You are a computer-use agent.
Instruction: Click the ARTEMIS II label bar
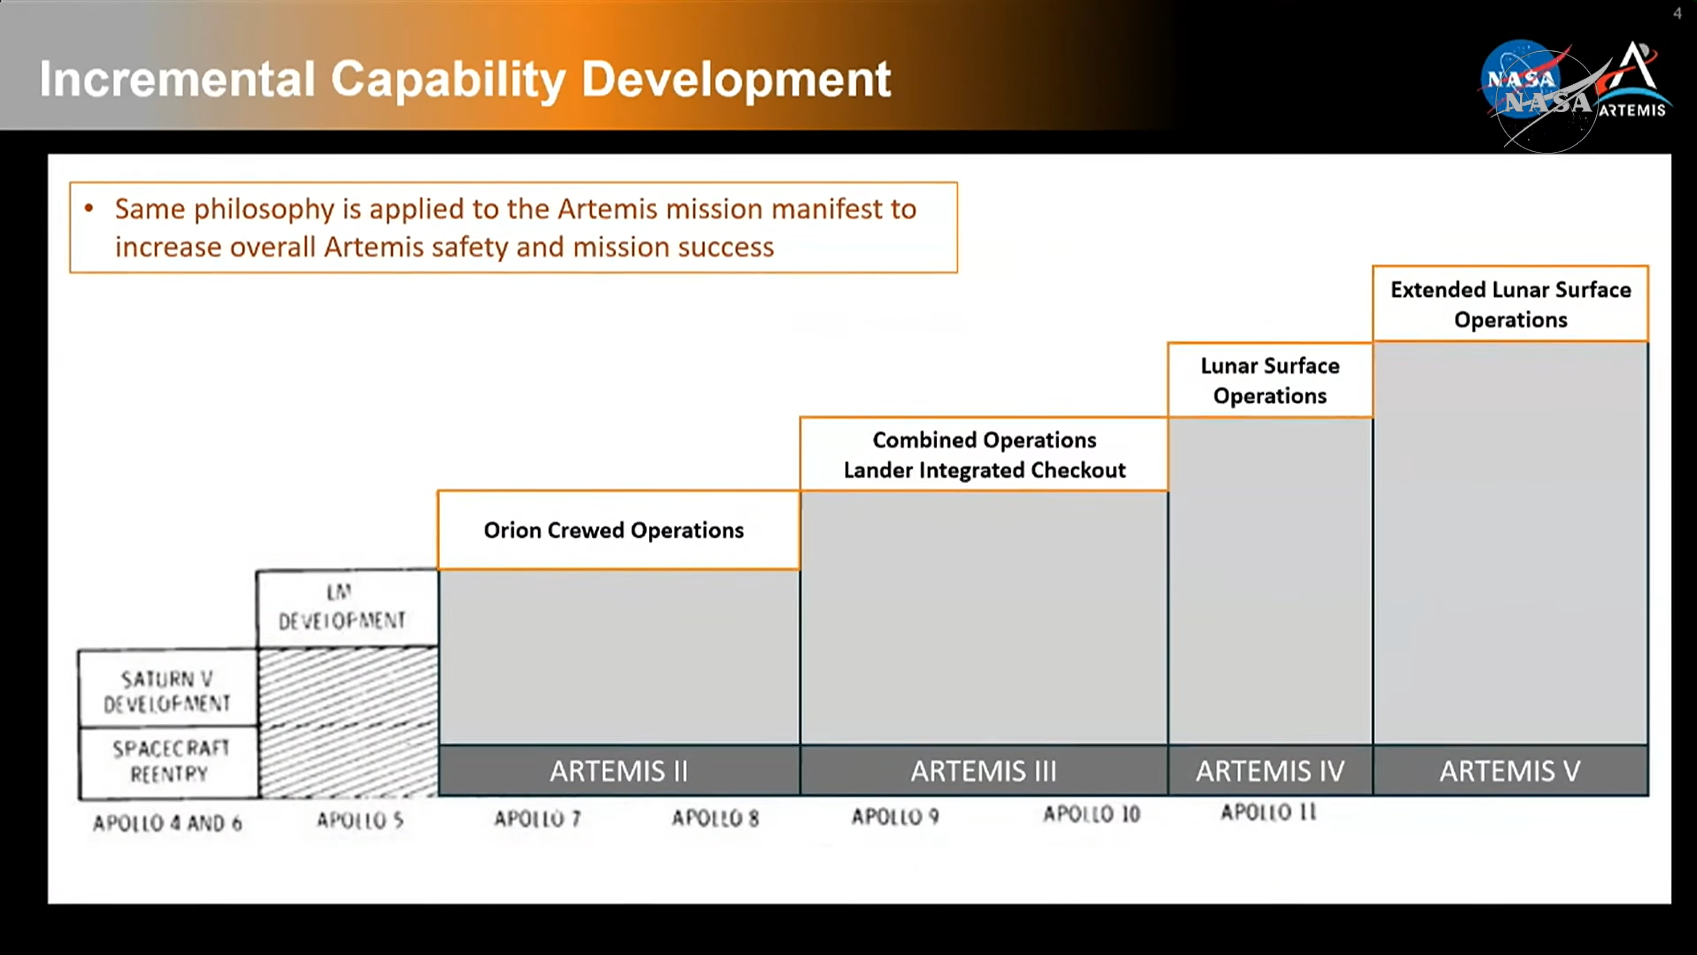(619, 771)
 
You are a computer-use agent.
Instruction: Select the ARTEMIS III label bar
(984, 771)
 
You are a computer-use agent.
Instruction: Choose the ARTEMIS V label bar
(1511, 771)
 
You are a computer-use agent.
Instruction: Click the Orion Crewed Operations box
(619, 530)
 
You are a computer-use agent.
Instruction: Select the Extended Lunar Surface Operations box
(1511, 304)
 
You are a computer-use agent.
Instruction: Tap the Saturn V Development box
(168, 689)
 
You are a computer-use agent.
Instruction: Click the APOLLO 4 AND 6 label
(167, 822)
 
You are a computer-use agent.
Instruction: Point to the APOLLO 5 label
(360, 820)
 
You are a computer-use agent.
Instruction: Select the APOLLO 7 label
(537, 818)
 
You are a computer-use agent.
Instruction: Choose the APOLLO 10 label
(1092, 814)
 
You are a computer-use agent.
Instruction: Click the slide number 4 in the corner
(1677, 13)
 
